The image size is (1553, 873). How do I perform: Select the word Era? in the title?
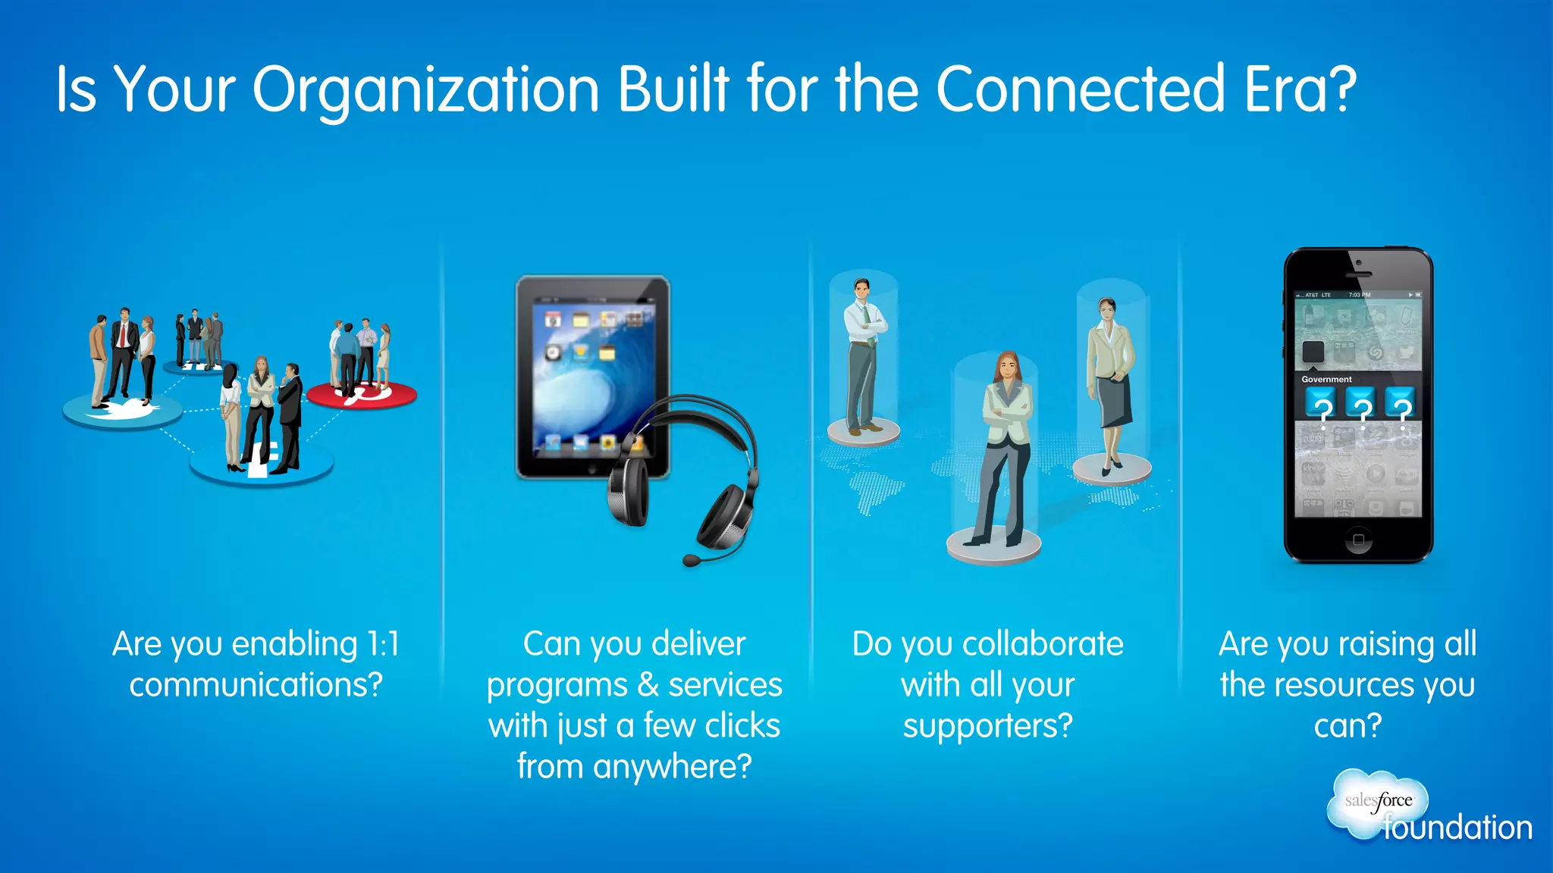pos(1300,89)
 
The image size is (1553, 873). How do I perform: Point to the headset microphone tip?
pos(691,561)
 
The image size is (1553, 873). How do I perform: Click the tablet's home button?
pos(592,470)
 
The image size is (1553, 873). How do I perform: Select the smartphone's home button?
pos(1358,540)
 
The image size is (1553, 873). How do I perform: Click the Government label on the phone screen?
pos(1326,379)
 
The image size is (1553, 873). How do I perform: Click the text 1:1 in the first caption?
pos(383,644)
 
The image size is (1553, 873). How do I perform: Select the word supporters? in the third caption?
pos(987,726)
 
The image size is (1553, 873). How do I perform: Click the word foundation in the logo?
pos(1457,828)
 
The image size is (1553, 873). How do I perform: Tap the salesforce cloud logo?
pos(1377,802)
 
